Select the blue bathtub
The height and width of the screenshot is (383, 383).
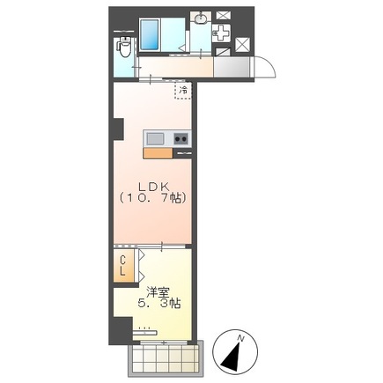(x=150, y=34)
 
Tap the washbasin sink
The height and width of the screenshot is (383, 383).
(x=201, y=18)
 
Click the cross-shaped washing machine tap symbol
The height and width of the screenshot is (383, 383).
(x=221, y=33)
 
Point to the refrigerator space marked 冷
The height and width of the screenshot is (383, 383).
(x=183, y=90)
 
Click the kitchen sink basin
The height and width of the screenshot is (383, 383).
(x=155, y=139)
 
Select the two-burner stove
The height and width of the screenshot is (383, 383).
(x=180, y=138)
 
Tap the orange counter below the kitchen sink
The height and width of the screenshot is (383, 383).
(x=158, y=153)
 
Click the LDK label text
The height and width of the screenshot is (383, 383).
(x=154, y=187)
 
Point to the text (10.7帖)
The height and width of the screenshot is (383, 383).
(x=153, y=199)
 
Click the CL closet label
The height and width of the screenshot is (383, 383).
(x=122, y=266)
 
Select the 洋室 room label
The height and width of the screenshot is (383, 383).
(x=158, y=292)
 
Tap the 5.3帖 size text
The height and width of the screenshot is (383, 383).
(x=159, y=304)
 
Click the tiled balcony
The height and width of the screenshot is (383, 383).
(x=166, y=358)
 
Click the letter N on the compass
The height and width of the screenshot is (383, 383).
(x=241, y=338)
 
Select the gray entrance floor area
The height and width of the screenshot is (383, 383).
(x=232, y=67)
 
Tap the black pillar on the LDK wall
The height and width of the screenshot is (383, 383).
(x=118, y=129)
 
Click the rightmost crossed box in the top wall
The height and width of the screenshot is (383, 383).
(x=243, y=45)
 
